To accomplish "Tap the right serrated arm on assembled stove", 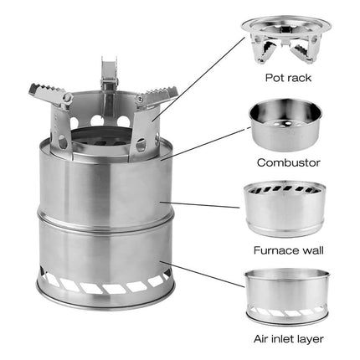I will pos(156,99).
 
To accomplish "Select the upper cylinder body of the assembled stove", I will pos(105,180).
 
